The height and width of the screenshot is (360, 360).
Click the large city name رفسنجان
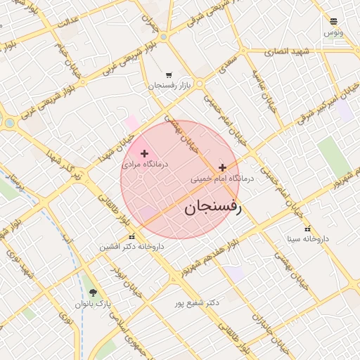212,207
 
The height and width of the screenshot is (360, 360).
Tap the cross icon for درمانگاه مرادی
145,153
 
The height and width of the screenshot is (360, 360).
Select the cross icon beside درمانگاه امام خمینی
223,167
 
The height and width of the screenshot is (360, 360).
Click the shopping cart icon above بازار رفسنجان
168,75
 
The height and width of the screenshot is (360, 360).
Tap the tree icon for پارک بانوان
94,292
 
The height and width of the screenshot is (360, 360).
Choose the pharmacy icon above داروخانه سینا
307,229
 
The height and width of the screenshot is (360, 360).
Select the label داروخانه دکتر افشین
131,247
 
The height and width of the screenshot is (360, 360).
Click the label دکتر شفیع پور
198,303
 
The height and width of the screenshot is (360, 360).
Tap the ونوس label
333,32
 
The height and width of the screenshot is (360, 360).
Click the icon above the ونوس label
333,22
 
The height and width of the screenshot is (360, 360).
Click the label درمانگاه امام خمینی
223,179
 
